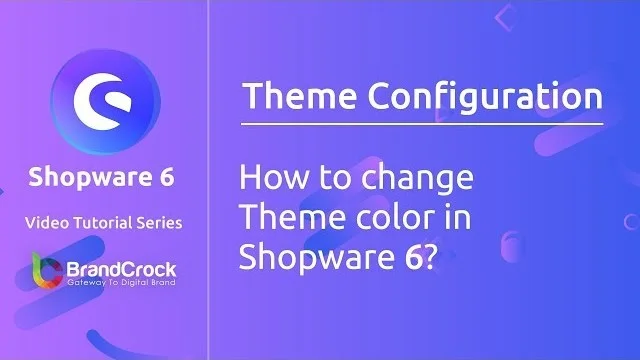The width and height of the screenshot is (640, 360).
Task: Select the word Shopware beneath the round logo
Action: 83,178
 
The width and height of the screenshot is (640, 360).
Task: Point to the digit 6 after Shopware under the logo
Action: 165,178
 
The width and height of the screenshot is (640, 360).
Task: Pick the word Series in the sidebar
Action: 158,221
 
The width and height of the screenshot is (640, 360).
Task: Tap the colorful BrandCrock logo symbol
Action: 41,273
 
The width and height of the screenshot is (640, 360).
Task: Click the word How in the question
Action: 270,181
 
